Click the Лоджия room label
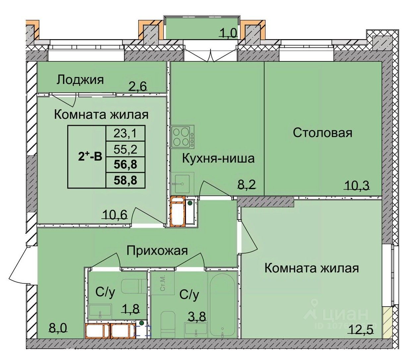[x=80, y=80]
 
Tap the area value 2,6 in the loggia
[x=138, y=86]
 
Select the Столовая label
[x=322, y=133]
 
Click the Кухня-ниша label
[x=218, y=158]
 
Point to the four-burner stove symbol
[x=183, y=137]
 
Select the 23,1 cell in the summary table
[x=125, y=133]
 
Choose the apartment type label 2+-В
[x=90, y=157]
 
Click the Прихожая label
[x=157, y=251]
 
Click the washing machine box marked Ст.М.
[x=163, y=283]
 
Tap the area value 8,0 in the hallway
[x=58, y=328]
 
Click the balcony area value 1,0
[x=228, y=33]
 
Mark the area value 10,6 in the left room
[x=115, y=215]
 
